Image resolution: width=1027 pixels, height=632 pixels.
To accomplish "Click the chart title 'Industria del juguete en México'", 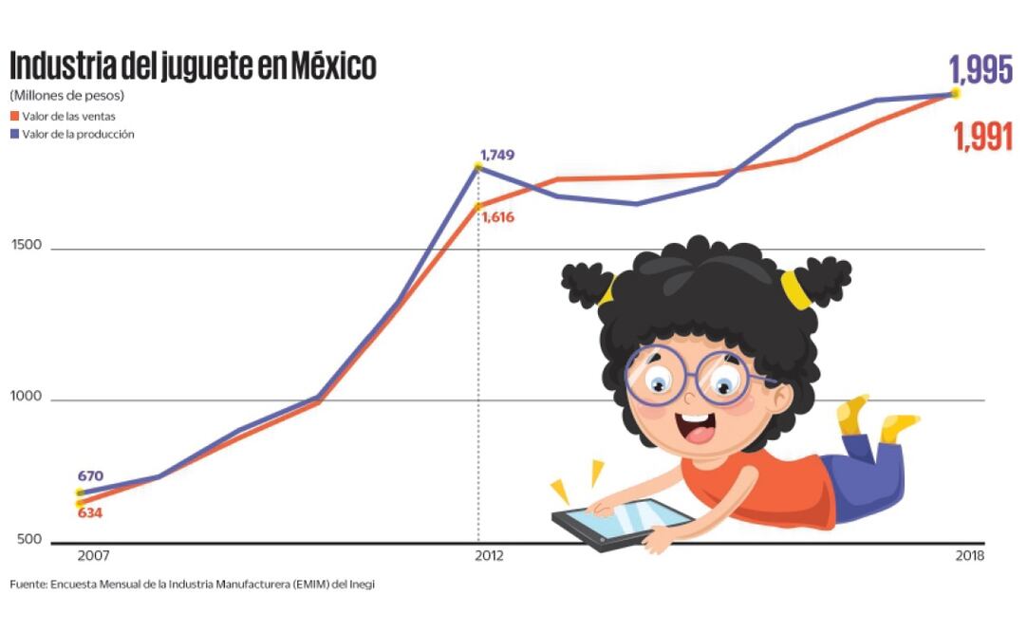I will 193,66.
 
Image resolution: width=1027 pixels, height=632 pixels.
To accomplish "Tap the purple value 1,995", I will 980,70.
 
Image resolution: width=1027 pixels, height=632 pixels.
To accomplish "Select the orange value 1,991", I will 983,138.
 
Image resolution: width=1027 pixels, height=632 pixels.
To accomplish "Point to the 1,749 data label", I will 496,155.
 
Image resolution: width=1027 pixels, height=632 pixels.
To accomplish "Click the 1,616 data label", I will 497,217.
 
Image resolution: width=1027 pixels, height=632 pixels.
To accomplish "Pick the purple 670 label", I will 91,476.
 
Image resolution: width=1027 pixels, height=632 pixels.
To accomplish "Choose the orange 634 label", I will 90,513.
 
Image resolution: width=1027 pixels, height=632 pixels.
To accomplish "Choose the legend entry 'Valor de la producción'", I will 78,135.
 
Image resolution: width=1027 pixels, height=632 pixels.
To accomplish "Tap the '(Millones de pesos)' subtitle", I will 67,96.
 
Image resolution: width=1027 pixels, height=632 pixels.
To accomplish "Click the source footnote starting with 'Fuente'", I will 193,585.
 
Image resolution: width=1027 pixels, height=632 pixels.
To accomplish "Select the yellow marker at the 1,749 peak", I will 477,166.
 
